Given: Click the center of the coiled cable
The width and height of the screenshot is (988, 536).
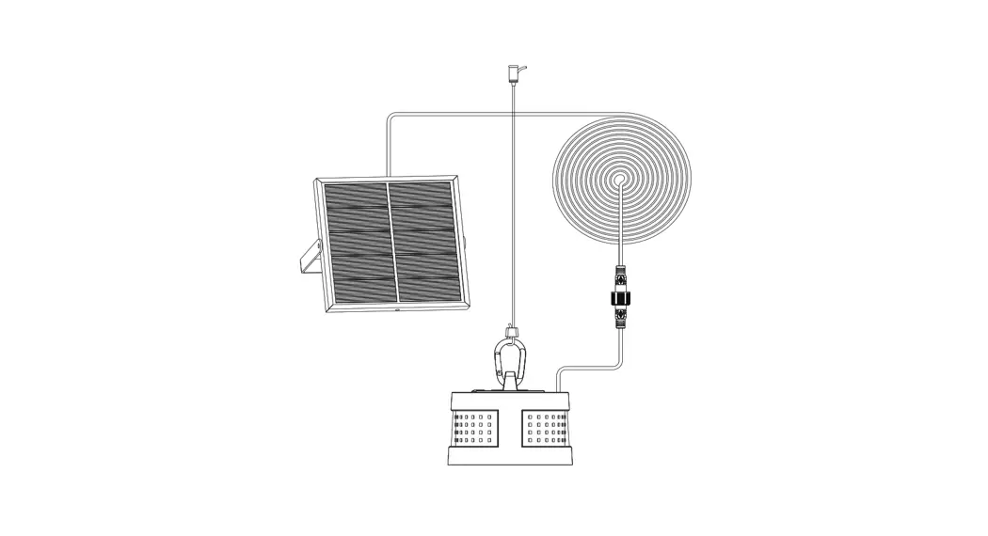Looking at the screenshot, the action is point(620,178).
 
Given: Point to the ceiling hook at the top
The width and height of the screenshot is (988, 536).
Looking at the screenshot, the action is point(514,71).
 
